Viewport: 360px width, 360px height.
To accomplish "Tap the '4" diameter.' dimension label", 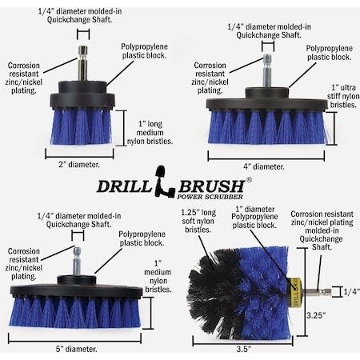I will tap(263, 166).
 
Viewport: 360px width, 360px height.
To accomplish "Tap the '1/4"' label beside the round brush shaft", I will tap(349, 292).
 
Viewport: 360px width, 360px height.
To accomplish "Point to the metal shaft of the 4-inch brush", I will tap(266, 70).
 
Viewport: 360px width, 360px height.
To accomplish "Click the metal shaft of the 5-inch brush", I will tap(76, 258).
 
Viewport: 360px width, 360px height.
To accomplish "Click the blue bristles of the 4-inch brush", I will tap(264, 128).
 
